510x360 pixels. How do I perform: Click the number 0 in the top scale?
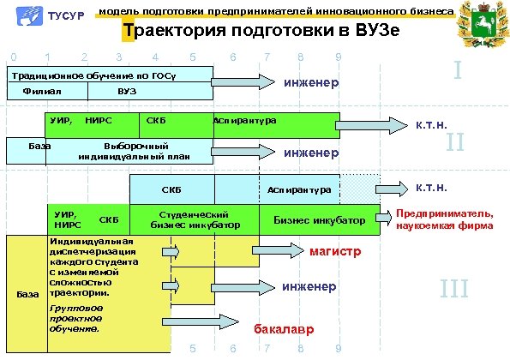[12, 57]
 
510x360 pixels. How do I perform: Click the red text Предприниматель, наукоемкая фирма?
[444, 219]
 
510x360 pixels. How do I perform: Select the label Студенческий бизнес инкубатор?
[193, 219]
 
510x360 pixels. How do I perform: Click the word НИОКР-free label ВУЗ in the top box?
[126, 91]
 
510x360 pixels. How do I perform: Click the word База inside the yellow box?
[28, 295]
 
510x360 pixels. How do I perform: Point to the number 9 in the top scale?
[339, 57]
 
